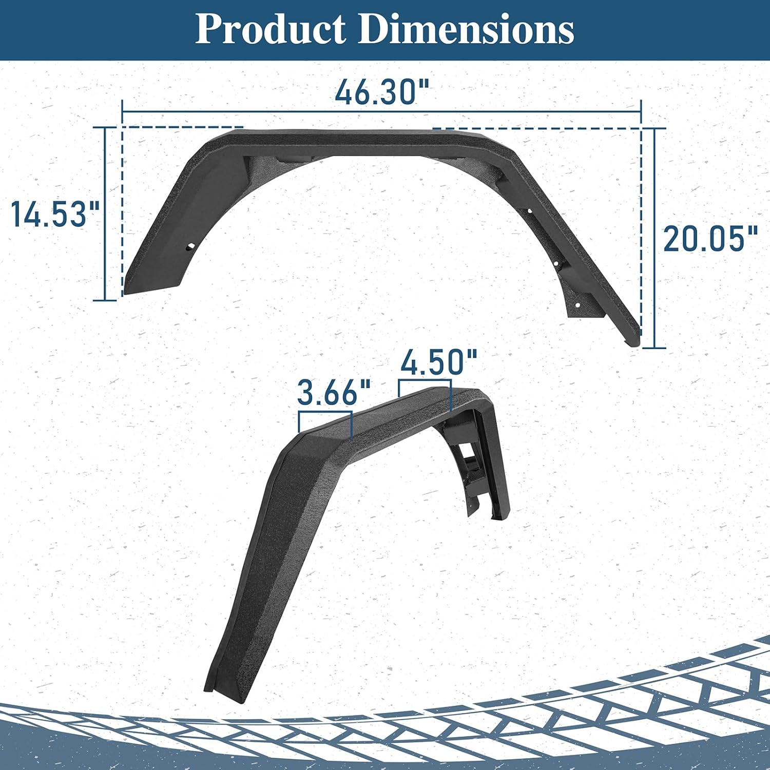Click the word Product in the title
(271, 29)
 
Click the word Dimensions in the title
(466, 29)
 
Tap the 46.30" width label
(382, 92)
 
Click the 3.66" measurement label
(334, 393)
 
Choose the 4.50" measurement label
(439, 362)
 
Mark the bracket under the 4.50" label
(425, 381)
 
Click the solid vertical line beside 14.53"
(105, 214)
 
